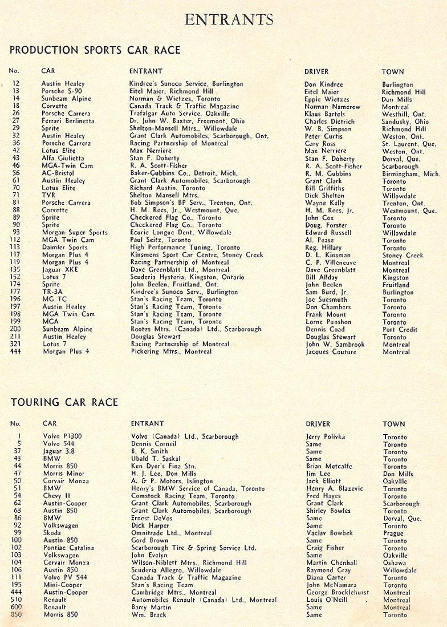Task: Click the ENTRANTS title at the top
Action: point(229,20)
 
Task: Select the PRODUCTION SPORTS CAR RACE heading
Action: point(95,50)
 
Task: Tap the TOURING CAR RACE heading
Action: point(64,402)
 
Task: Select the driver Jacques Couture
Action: point(331,352)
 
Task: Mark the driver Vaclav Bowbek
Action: point(330,533)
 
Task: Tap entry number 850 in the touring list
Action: point(15,615)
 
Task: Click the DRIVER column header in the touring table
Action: point(318,424)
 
